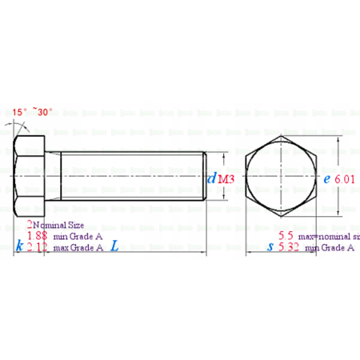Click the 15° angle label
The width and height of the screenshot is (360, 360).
[x=20, y=112]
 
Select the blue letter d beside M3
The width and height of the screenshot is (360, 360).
[x=211, y=179]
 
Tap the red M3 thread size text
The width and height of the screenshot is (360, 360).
[x=226, y=180]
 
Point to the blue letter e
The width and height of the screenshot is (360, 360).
[x=326, y=179]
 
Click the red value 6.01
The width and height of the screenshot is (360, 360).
[x=345, y=180]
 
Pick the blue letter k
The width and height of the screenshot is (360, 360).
[x=18, y=247]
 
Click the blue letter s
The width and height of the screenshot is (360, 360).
[x=270, y=248]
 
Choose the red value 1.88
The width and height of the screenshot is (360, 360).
[x=37, y=237]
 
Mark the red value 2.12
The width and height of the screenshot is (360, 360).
[x=37, y=248]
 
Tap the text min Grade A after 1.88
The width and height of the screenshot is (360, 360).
[x=78, y=238]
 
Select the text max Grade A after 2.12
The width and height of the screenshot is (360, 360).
[x=78, y=248]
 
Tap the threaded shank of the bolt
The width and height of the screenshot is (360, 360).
[x=132, y=177]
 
